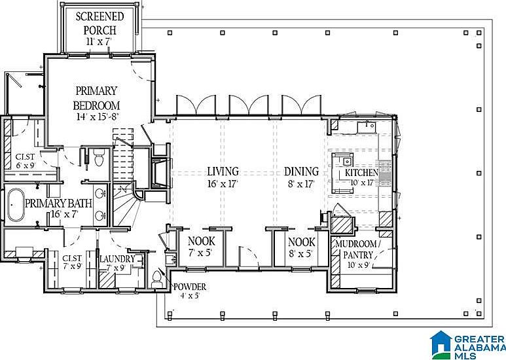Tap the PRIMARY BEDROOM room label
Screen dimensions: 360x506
96,98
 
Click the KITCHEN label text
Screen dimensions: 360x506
362,173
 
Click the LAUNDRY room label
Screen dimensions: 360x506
118,259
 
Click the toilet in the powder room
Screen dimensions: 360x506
156,280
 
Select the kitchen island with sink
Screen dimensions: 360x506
342,173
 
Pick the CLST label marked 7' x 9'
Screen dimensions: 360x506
72,259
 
